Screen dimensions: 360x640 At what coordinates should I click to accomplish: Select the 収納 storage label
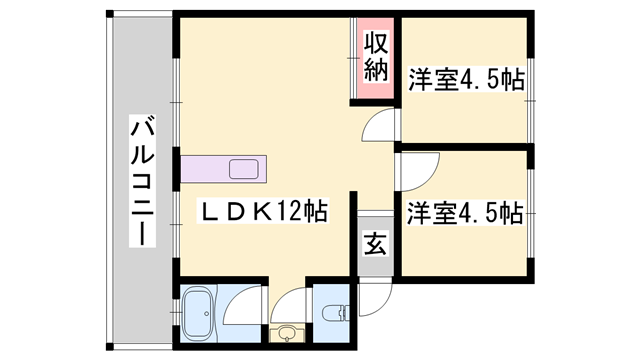coord(375,58)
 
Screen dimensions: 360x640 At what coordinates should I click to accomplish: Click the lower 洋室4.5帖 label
coord(465,212)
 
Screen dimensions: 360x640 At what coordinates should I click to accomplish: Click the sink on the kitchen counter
coord(243,169)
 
